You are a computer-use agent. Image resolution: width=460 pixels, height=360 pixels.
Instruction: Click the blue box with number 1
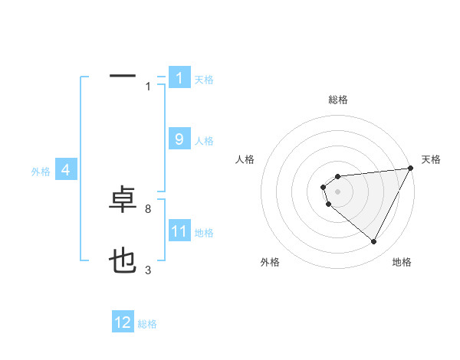tap(179, 78)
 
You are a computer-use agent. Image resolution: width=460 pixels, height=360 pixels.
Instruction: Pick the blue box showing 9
tap(179, 139)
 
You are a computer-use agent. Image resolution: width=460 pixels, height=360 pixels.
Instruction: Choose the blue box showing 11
tap(179, 232)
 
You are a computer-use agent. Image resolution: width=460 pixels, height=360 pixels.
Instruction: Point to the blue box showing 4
tap(66, 171)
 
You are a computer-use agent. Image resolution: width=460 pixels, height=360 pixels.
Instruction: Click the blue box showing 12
tap(123, 323)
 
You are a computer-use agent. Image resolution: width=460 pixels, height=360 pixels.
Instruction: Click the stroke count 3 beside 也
tap(147, 270)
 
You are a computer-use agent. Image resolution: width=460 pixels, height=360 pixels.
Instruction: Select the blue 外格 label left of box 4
tap(41, 172)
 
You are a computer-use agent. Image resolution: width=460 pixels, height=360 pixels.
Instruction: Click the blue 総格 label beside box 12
tap(147, 324)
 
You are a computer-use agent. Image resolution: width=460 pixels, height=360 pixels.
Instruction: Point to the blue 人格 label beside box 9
tap(204, 141)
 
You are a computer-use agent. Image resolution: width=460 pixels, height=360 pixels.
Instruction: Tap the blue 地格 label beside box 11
tap(204, 233)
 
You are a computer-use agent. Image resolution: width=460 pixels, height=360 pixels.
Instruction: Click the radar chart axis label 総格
tap(338, 100)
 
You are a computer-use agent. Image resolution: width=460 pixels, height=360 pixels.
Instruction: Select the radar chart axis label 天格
tap(431, 159)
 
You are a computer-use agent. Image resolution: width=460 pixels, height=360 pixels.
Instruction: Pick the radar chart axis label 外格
tap(270, 262)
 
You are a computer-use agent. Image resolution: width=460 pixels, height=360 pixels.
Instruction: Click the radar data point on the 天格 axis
tap(411, 169)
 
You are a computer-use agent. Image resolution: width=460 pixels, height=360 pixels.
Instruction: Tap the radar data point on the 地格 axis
tap(373, 241)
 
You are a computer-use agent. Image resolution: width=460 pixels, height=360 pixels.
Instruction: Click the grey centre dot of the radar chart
tap(337, 191)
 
